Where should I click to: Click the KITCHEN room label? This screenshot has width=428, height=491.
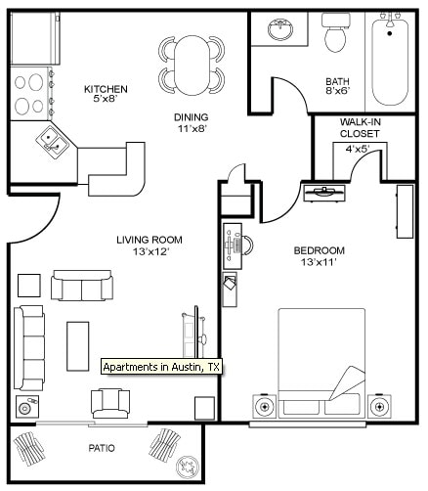coord(106,89)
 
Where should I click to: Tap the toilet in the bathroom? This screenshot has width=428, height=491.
coord(335,32)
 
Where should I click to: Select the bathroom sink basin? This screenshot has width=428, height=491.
coord(280,29)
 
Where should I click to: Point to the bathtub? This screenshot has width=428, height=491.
coord(390,63)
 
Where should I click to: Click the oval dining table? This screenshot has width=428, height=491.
coord(192,66)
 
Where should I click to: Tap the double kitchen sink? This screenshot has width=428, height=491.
coord(52,143)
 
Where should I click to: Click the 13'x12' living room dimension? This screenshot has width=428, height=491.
coord(150,251)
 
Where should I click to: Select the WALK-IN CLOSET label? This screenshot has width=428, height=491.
coord(360,128)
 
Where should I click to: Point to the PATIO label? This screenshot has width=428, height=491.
coord(102,448)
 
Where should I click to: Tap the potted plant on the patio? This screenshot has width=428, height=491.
coord(187,466)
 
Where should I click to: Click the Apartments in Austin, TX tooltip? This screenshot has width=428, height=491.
coord(161,367)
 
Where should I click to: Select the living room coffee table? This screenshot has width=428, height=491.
coord(78,346)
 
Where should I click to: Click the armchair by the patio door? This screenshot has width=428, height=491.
coord(110,404)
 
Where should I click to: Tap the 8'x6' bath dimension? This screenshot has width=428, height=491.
coord(338,91)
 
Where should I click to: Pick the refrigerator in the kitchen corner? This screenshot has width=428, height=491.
coord(35,38)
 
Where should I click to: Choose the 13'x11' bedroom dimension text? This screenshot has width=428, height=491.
coord(319,262)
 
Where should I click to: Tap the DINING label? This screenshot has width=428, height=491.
coord(192,117)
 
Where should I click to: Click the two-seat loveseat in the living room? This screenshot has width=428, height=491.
coord(82,286)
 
